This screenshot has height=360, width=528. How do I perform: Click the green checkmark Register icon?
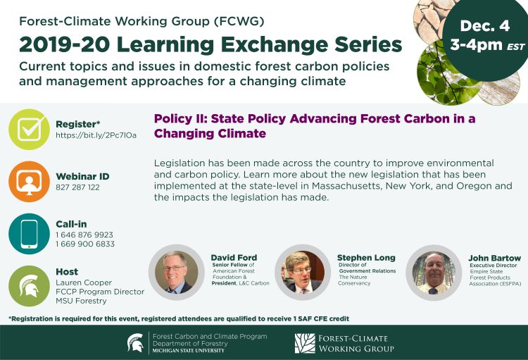pyautogui.click(x=29, y=129)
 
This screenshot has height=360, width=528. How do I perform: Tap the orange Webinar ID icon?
pyautogui.click(x=29, y=181)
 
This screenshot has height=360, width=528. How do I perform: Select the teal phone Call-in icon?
pyautogui.click(x=29, y=234)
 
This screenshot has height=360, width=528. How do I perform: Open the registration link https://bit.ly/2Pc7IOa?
pyautogui.click(x=96, y=135)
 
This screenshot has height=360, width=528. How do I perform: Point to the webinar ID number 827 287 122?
pyautogui.click(x=78, y=187)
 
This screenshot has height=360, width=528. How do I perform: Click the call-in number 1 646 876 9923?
pyautogui.click(x=84, y=235)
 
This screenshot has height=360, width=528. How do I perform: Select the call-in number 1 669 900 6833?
pyautogui.click(x=85, y=244)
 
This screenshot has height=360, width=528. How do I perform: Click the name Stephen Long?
pyautogui.click(x=366, y=258)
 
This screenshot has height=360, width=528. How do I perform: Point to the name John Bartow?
pyautogui.click(x=494, y=258)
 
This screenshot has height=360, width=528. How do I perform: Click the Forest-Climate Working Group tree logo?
pyautogui.click(x=306, y=343)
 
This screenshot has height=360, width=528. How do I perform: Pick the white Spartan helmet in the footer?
pyautogui.click(x=135, y=343)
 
